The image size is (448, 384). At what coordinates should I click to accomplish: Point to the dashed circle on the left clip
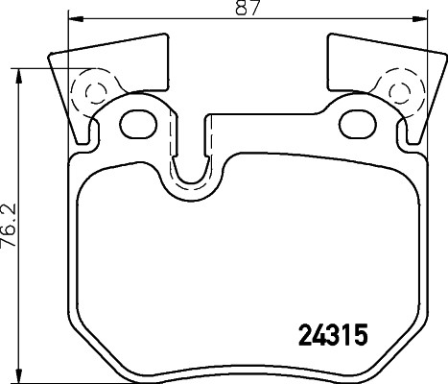(94, 93)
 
